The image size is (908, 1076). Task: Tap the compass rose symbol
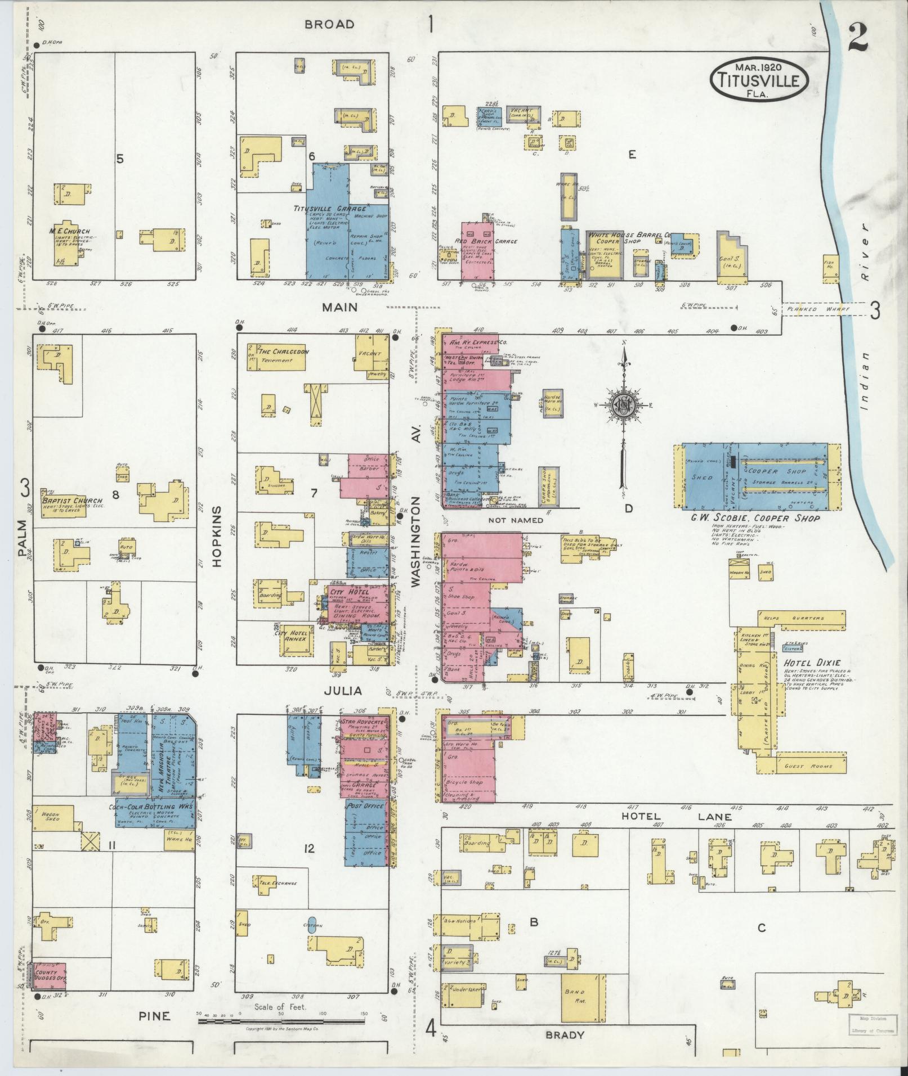(x=624, y=404)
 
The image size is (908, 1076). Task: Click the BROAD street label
(x=329, y=24)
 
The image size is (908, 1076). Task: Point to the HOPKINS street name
(x=217, y=534)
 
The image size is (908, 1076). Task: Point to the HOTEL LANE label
(x=676, y=817)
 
